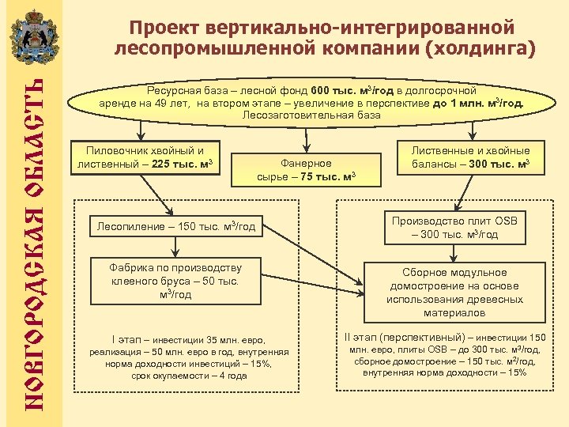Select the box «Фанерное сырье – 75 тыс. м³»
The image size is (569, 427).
tap(306, 169)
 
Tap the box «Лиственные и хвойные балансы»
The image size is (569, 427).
tap(470, 157)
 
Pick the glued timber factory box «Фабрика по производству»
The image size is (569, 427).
tap(175, 281)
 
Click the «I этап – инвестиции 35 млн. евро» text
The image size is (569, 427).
tap(189, 340)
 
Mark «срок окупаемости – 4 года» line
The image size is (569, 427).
tap(189, 376)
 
